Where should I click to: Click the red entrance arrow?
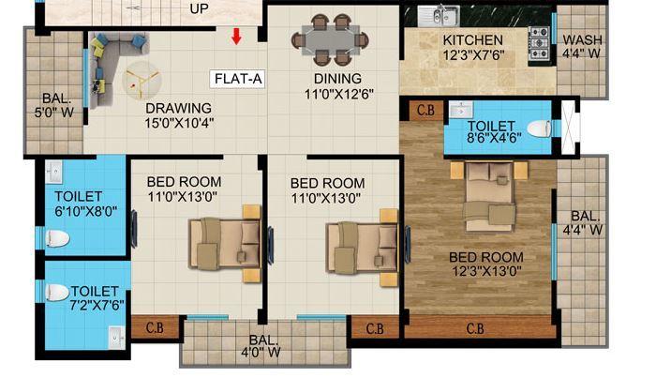point(236,37)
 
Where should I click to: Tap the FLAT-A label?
point(237,79)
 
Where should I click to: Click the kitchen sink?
point(434,16)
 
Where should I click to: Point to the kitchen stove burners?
point(541,43)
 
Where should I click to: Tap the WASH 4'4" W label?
point(581,48)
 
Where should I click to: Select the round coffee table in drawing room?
point(142,82)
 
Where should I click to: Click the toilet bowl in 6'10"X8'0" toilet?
point(57,238)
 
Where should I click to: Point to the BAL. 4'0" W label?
point(263,347)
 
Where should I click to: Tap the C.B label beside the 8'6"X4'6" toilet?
point(425,110)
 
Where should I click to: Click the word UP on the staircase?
point(199,8)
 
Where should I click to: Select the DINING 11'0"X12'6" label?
point(334,85)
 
